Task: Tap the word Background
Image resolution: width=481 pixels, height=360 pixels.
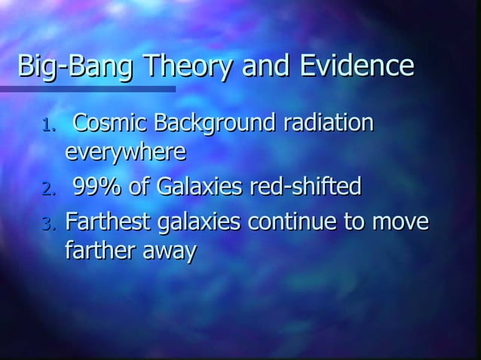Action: (x=214, y=123)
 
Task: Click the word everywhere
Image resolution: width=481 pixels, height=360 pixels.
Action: (x=125, y=153)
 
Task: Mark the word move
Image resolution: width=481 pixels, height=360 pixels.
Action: (x=400, y=222)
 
